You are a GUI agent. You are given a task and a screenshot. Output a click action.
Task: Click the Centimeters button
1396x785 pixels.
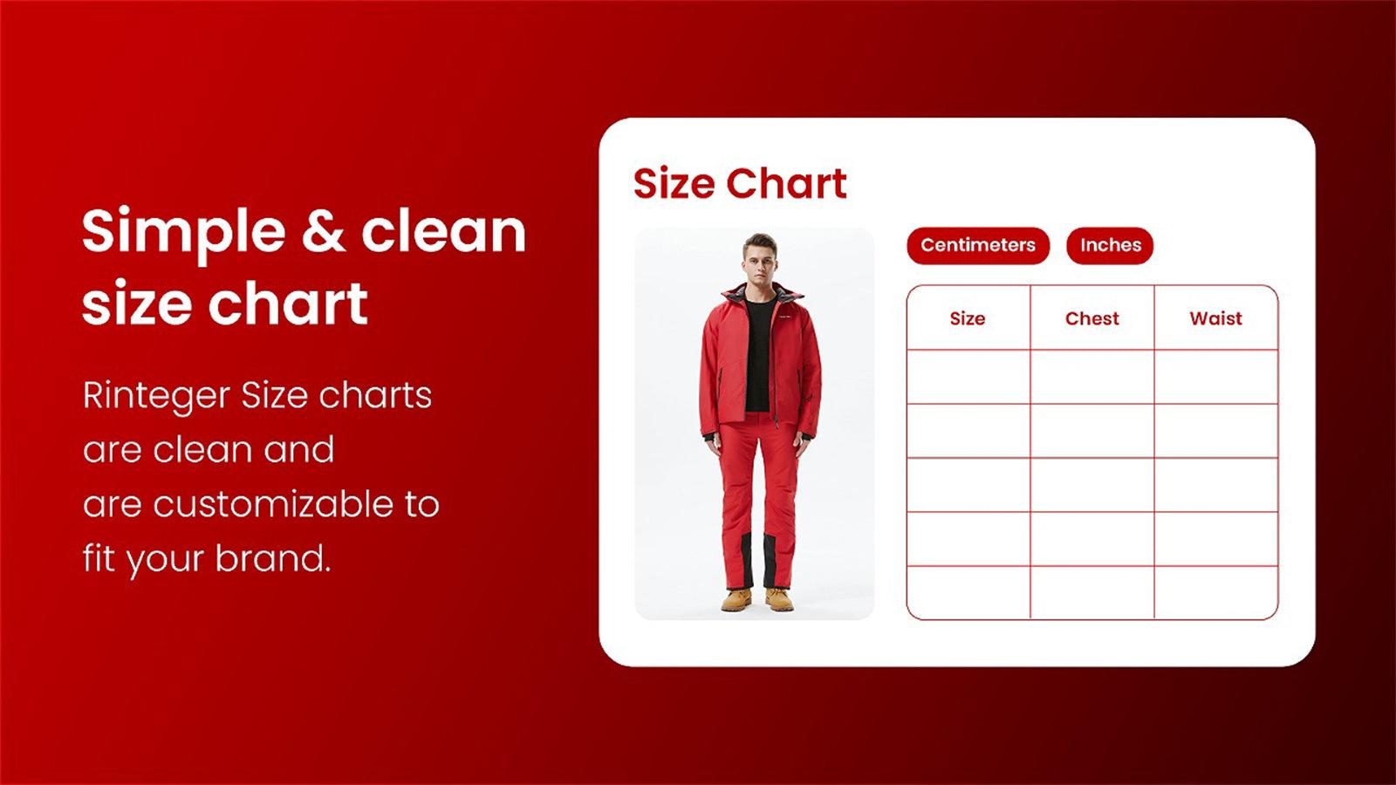pos(978,245)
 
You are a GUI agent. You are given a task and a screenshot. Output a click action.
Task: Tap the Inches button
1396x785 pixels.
pos(1110,245)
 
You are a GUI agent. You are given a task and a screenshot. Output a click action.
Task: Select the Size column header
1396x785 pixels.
pos(968,317)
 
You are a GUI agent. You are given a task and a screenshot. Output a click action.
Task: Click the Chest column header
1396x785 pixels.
pos(1091,317)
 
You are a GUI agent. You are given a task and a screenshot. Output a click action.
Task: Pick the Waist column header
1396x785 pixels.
pos(1216,317)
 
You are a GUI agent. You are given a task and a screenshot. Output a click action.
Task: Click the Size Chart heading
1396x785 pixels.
pos(740,183)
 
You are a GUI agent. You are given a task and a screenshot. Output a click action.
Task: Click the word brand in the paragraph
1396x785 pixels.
pos(272,557)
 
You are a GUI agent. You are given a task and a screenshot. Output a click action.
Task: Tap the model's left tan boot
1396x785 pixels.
pos(779,598)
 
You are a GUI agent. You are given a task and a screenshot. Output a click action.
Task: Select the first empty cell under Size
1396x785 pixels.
pos(968,377)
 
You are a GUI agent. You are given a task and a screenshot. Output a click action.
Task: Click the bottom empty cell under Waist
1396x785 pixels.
pos(1216,592)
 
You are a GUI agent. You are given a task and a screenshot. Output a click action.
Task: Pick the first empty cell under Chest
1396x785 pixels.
pos(1091,377)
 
